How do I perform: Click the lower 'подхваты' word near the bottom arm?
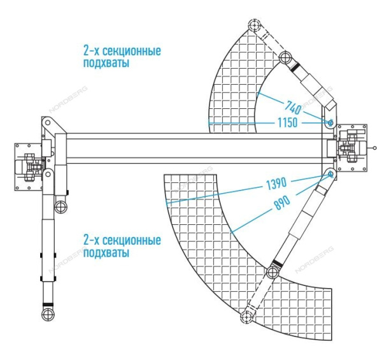[106, 253]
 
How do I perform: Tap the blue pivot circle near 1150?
[330, 122]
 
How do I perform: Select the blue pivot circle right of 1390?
[330, 174]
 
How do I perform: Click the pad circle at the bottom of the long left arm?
[47, 315]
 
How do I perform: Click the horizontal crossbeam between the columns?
[191, 148]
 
